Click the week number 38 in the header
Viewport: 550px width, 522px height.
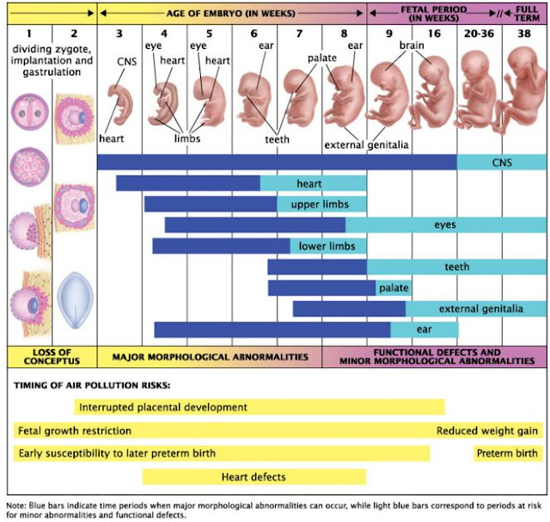click(x=523, y=34)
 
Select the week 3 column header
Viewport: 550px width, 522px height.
click(x=119, y=34)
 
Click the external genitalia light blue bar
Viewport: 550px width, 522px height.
click(x=475, y=309)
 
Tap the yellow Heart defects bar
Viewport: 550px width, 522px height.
click(x=254, y=476)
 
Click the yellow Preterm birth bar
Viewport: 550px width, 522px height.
click(x=508, y=453)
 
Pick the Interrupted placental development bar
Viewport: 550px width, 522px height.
click(x=258, y=407)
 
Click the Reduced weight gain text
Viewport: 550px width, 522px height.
click(x=487, y=431)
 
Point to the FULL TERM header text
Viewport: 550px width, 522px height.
click(x=526, y=12)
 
